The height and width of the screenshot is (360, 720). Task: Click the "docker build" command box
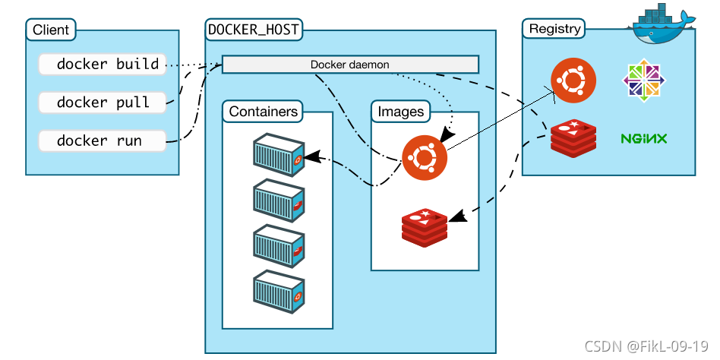click(x=102, y=64)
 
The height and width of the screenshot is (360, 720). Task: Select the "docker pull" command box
click(x=102, y=102)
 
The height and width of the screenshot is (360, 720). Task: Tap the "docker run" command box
click(x=102, y=141)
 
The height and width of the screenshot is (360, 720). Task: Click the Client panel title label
click(x=51, y=30)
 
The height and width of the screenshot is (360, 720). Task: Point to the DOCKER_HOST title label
click(x=254, y=30)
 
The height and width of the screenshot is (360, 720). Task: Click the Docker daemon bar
click(x=350, y=65)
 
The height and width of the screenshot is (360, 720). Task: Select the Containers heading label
click(x=263, y=111)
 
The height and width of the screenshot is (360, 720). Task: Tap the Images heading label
click(x=400, y=111)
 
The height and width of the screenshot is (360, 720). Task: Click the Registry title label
click(x=554, y=28)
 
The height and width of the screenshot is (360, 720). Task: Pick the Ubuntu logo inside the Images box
click(x=425, y=157)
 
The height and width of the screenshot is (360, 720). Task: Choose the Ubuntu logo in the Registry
click(x=573, y=81)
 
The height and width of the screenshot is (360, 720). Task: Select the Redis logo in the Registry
click(x=573, y=138)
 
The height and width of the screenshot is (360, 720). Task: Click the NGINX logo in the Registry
click(x=643, y=138)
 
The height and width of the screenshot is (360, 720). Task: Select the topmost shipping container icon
click(x=279, y=155)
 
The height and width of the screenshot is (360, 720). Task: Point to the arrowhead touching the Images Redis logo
click(x=458, y=215)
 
